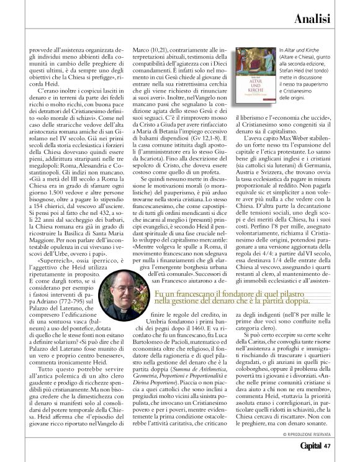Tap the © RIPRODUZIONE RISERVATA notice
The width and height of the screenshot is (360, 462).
311,432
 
